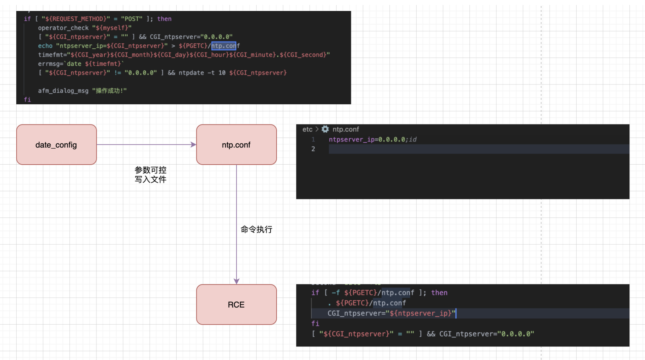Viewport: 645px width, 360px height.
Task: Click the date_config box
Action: pyautogui.click(x=56, y=145)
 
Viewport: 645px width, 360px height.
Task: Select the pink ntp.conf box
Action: pyautogui.click(x=236, y=145)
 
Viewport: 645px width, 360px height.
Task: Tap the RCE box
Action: pyautogui.click(x=236, y=305)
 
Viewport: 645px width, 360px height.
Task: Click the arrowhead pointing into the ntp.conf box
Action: pyautogui.click(x=193, y=145)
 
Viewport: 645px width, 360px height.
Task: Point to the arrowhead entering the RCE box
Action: pyautogui.click(x=237, y=281)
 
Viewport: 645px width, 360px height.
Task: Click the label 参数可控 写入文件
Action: pyautogui.click(x=150, y=175)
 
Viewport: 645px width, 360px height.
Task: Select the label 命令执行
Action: pyautogui.click(x=256, y=229)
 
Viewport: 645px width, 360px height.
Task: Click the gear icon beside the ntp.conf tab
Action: pyautogui.click(x=325, y=129)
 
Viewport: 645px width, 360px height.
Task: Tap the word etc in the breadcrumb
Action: pyautogui.click(x=307, y=129)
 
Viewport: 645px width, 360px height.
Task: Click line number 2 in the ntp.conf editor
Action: pyautogui.click(x=313, y=149)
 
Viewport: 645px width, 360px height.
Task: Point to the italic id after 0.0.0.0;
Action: pyautogui.click(x=413, y=139)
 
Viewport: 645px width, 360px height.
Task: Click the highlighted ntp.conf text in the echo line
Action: pyautogui.click(x=223, y=46)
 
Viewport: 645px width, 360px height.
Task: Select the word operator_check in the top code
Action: pyautogui.click(x=63, y=28)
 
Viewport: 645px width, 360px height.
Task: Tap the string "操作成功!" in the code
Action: pyautogui.click(x=109, y=91)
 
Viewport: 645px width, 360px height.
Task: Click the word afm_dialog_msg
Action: pyautogui.click(x=63, y=91)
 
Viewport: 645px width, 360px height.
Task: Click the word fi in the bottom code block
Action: pyautogui.click(x=315, y=323)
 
